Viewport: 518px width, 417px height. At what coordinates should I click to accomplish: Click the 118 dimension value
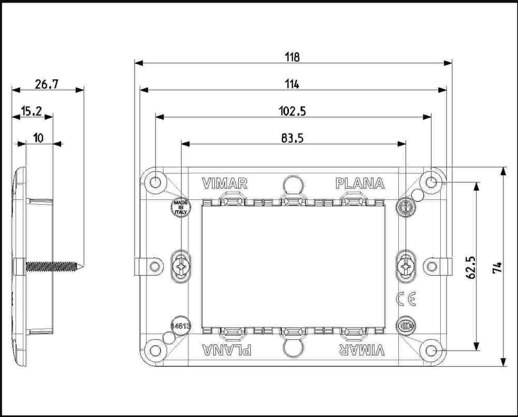pos(292,57)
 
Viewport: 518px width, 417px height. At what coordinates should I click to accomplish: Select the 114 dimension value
pos(292,84)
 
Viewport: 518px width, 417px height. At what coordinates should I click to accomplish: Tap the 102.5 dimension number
pos(292,111)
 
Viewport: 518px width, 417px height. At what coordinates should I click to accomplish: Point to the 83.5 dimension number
pos(292,138)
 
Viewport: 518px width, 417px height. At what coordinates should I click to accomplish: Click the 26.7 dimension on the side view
pos(47,84)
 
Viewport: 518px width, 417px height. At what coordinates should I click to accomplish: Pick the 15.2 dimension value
pos(32,111)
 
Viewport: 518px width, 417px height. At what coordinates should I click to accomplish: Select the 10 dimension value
pos(39,138)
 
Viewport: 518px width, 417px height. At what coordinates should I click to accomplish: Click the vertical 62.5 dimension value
pos(471,268)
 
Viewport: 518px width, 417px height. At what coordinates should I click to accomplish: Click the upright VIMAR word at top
pos(225,184)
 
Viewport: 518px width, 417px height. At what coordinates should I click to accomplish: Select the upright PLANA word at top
pos(360,184)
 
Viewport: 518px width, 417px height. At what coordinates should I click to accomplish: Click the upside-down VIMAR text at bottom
pos(362,350)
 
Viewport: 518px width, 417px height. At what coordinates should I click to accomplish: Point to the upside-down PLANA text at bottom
pos(227,350)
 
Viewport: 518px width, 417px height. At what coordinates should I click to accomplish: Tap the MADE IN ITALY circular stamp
pos(181,208)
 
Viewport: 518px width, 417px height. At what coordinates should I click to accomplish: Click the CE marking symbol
pos(406,299)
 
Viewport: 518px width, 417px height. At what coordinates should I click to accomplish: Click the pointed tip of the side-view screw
pos(82,266)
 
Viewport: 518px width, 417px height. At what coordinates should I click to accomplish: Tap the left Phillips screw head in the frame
pos(181,266)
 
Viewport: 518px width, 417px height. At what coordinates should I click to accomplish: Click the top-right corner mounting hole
pos(431,182)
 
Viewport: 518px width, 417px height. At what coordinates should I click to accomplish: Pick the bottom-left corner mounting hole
pos(154,351)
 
